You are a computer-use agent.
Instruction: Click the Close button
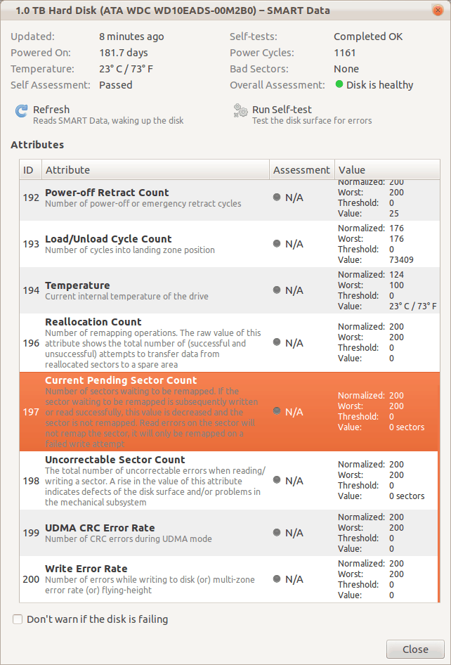(415, 649)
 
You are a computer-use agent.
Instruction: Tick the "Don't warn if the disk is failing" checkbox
(18, 619)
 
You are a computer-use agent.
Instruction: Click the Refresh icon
(21, 112)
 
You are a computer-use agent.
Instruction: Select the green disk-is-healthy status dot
(339, 85)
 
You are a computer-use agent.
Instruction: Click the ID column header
(28, 170)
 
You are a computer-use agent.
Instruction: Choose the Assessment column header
(301, 170)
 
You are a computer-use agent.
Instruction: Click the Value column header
(351, 170)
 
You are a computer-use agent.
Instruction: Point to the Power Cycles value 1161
(345, 53)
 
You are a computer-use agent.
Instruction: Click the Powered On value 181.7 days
(124, 53)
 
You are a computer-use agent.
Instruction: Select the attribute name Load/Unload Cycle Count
(108, 239)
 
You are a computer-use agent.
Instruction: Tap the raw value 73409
(400, 260)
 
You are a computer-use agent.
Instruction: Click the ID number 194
(31, 290)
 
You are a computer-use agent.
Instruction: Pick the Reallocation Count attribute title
(93, 322)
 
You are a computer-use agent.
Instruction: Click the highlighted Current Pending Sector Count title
(121, 380)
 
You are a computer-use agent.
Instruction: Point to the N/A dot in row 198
(277, 480)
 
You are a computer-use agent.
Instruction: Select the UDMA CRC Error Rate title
(100, 528)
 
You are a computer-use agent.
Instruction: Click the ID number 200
(31, 579)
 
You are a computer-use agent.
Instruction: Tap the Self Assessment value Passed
(116, 85)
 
